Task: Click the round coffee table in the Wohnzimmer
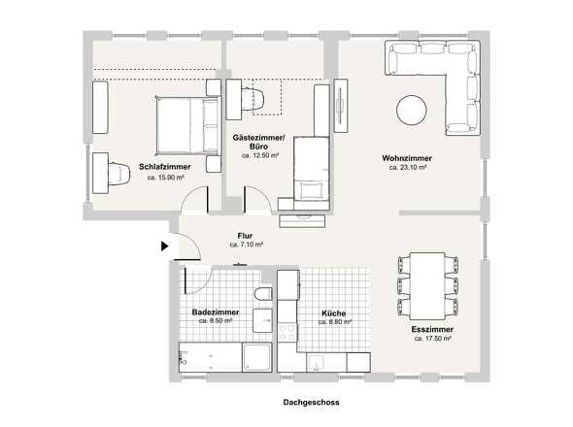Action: coord(409,108)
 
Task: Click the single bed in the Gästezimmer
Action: coord(310,169)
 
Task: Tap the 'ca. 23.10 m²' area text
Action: coord(408,168)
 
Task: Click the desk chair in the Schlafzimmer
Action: coord(118,172)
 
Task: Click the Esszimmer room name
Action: coord(433,330)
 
